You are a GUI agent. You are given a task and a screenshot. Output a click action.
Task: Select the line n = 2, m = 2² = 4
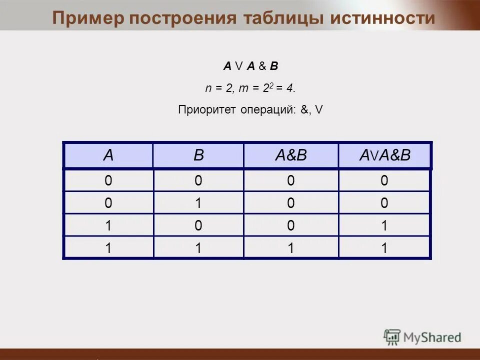click(250, 88)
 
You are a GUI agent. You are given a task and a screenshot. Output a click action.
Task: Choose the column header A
click(108, 155)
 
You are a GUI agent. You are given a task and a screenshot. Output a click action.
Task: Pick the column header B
click(198, 155)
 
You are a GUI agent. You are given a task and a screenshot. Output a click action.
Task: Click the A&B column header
click(290, 155)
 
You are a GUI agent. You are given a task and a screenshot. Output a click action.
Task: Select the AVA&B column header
click(384, 155)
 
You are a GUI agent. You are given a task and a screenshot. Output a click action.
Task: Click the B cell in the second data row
click(198, 203)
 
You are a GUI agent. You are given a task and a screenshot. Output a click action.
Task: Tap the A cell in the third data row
click(108, 225)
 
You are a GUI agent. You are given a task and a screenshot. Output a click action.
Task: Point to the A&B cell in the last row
click(290, 248)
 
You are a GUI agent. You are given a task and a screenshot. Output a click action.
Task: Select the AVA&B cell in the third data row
click(384, 225)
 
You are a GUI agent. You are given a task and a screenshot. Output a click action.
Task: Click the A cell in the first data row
click(108, 180)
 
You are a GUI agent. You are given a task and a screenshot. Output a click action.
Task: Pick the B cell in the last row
click(198, 248)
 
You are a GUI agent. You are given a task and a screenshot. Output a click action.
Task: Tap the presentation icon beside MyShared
click(392, 336)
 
